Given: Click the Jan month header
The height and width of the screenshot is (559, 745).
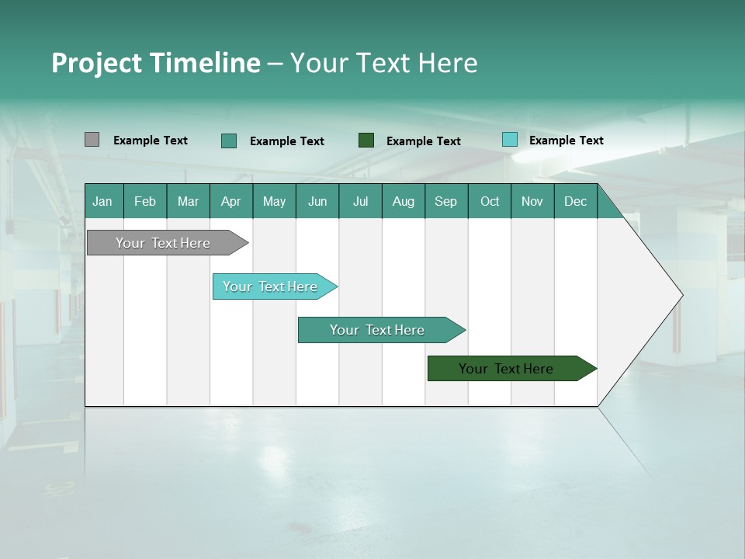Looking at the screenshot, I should click(103, 201).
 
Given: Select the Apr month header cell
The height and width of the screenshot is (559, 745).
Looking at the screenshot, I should click(231, 201).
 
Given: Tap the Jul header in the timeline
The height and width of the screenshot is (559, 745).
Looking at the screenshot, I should click(360, 201).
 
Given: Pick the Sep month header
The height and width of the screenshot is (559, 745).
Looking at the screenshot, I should click(446, 201).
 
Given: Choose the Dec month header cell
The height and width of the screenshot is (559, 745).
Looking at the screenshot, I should click(575, 201).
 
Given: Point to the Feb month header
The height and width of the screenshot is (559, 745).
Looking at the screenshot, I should click(145, 201).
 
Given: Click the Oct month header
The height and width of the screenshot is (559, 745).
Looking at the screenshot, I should click(490, 201).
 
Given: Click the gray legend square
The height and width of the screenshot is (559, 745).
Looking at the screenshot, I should click(92, 140).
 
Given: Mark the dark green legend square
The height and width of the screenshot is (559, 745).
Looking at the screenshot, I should click(366, 141).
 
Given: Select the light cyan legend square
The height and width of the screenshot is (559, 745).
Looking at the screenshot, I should click(509, 140).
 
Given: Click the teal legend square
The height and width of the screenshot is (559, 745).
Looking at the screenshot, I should click(229, 141).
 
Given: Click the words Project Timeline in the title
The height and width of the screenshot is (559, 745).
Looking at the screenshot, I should click(155, 63).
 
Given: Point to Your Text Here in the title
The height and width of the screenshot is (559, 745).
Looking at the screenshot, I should click(383, 63).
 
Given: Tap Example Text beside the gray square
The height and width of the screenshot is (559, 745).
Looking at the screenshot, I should click(151, 141).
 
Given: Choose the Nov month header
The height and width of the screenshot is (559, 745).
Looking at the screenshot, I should click(532, 201).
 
